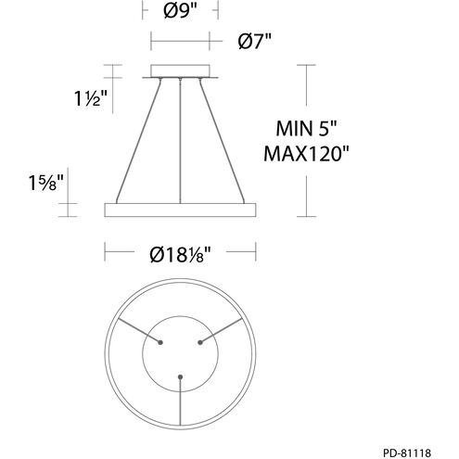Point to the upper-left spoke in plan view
click(x=134, y=329)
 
